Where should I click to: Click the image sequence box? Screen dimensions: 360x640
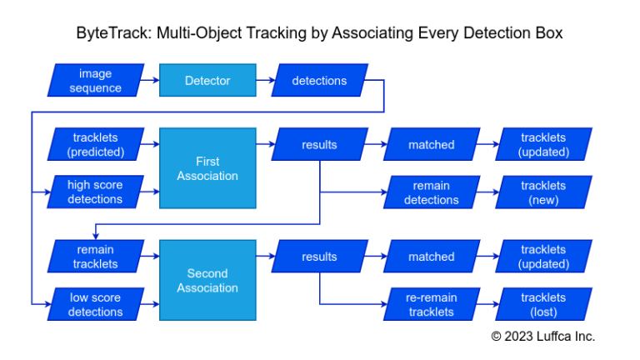(96, 81)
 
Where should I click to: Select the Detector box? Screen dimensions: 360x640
(207, 81)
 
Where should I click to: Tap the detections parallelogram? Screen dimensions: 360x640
(319, 81)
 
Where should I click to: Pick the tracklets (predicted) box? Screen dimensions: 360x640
(96, 144)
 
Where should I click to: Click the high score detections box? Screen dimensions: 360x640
(96, 192)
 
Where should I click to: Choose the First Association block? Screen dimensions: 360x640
(207, 168)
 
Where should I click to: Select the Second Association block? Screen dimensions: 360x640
(207, 280)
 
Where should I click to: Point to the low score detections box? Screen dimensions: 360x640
(96, 304)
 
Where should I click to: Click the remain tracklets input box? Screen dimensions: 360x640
(96, 256)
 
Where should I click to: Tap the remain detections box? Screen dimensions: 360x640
(431, 192)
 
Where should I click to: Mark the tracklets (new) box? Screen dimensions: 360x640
(543, 192)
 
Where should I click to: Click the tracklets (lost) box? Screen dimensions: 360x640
(543, 304)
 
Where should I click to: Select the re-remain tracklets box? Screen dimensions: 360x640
(431, 304)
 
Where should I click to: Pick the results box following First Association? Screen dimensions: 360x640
(319, 144)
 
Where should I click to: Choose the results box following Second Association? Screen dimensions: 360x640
(319, 257)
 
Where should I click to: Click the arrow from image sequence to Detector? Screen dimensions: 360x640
(150, 81)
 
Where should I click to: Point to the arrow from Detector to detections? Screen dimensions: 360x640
(262, 81)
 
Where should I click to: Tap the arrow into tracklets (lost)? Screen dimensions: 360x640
(487, 304)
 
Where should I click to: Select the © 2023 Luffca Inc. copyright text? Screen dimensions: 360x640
(542, 336)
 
